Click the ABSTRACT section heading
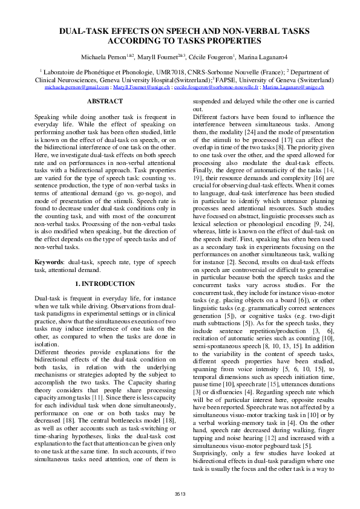pos(105,102)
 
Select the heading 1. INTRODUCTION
pos(105,284)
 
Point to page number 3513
pos(180,494)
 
